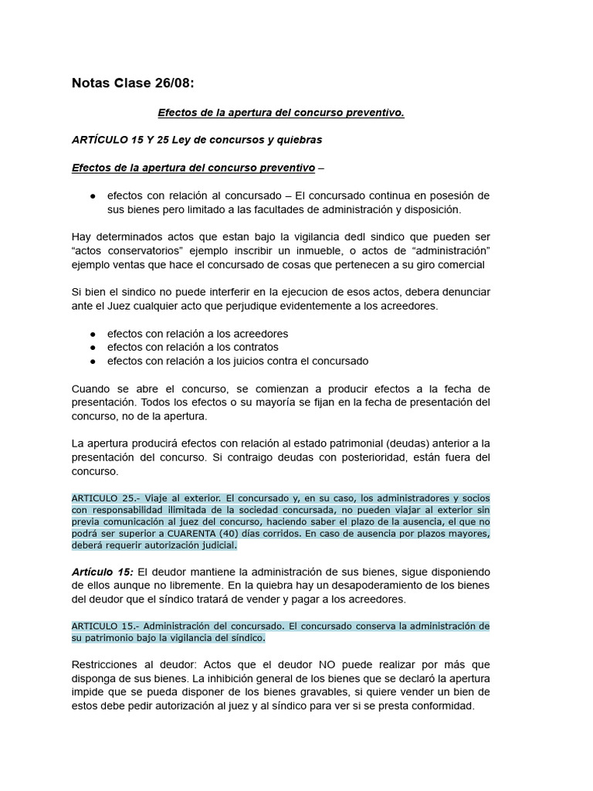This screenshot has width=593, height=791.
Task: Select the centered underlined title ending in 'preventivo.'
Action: [x=281, y=113]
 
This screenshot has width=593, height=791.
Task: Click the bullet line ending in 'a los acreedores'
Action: [x=197, y=333]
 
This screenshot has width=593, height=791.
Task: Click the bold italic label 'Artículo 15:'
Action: [x=103, y=572]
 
